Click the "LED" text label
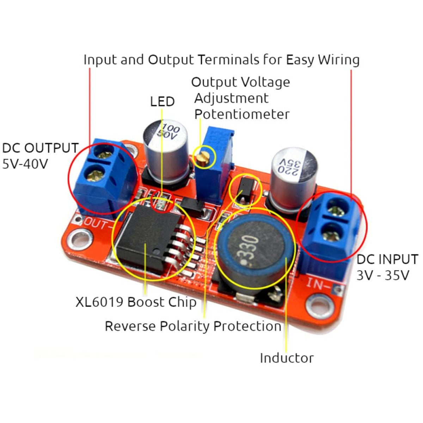pos(162,102)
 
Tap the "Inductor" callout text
pos(287,358)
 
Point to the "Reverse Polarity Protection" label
pos(193,326)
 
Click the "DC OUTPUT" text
pos(40,148)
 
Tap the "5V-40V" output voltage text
pos(25,164)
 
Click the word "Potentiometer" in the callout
pos(242,114)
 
